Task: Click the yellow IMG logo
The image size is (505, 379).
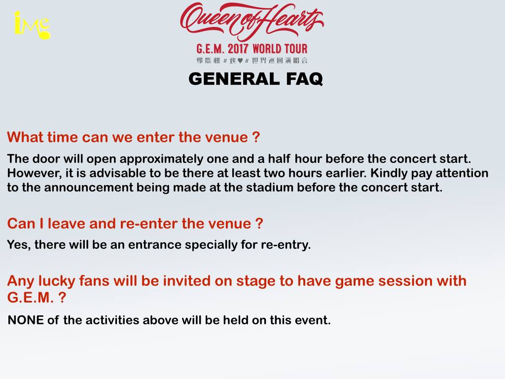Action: click(x=32, y=25)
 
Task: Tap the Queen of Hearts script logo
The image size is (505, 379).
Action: click(x=252, y=21)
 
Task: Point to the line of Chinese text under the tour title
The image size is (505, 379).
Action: click(x=252, y=60)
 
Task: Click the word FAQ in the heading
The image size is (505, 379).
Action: click(x=302, y=79)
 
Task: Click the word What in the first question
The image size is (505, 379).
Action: click(x=26, y=137)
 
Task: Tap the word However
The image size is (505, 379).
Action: click(x=30, y=173)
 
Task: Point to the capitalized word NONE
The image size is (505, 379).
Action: click(x=26, y=320)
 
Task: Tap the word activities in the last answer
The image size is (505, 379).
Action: click(x=113, y=320)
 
